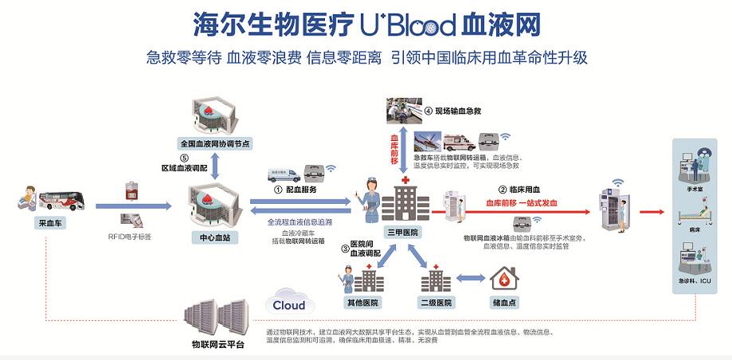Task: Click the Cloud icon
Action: click(x=288, y=304)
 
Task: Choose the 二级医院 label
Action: click(x=435, y=303)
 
